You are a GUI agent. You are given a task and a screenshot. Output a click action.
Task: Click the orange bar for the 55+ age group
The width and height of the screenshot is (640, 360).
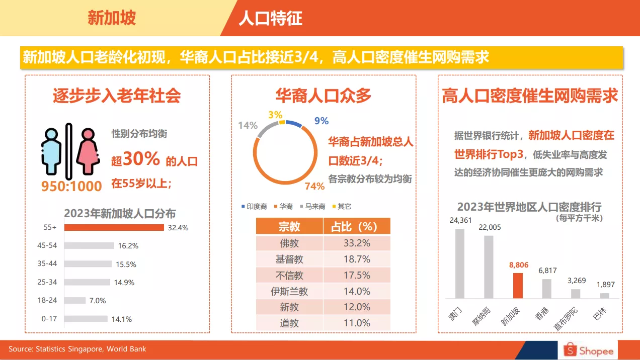pyautogui.click(x=114, y=227)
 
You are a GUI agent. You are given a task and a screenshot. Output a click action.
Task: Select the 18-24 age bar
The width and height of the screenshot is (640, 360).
pyautogui.click(x=75, y=300)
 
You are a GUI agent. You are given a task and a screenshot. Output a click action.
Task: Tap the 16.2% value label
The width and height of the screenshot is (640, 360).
pyautogui.click(x=128, y=246)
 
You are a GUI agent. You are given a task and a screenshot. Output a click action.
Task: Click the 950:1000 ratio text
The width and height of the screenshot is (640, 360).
pyautogui.click(x=71, y=186)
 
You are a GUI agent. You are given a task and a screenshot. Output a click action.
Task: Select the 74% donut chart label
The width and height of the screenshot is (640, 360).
pyautogui.click(x=314, y=187)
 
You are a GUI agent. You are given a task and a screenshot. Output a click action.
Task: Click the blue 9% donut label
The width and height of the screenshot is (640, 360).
pyautogui.click(x=321, y=121)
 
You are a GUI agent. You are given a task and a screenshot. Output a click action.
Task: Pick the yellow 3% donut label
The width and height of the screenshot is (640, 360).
pyautogui.click(x=275, y=115)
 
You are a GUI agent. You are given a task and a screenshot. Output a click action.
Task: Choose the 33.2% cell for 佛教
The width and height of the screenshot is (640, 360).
pyautogui.click(x=357, y=243)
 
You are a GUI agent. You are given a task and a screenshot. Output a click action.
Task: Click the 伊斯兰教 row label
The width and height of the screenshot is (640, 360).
pyautogui.click(x=289, y=291)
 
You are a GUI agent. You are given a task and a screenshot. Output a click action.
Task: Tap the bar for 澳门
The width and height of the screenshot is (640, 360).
pyautogui.click(x=460, y=263)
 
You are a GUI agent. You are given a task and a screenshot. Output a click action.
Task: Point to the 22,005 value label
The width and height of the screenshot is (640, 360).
pyautogui.click(x=490, y=227)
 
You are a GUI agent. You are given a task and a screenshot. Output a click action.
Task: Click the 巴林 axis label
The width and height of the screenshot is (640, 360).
pyautogui.click(x=600, y=313)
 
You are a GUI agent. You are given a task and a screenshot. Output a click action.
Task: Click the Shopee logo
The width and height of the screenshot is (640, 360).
pyautogui.click(x=588, y=350)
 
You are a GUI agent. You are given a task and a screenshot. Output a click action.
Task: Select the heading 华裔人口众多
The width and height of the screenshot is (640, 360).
pyautogui.click(x=323, y=95)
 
